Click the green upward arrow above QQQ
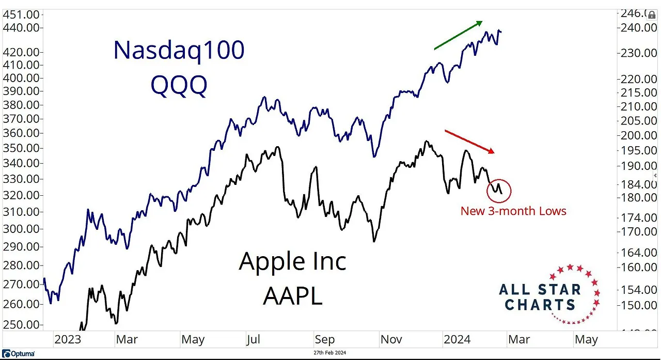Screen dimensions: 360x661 pos(459,35)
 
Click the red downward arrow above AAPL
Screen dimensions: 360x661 pos(469,142)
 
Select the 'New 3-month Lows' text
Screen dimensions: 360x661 pos(513,211)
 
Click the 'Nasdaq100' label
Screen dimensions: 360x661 pos(179,51)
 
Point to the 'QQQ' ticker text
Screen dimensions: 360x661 pos(179,85)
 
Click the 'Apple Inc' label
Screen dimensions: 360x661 pos(292,261)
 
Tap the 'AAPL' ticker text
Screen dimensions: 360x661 pos(292,295)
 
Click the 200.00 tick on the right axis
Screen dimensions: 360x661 pos(638,135)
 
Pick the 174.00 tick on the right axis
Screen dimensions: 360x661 pos(638,217)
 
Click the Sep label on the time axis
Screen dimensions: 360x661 pos(324,339)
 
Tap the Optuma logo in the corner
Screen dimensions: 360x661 pos(18,354)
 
